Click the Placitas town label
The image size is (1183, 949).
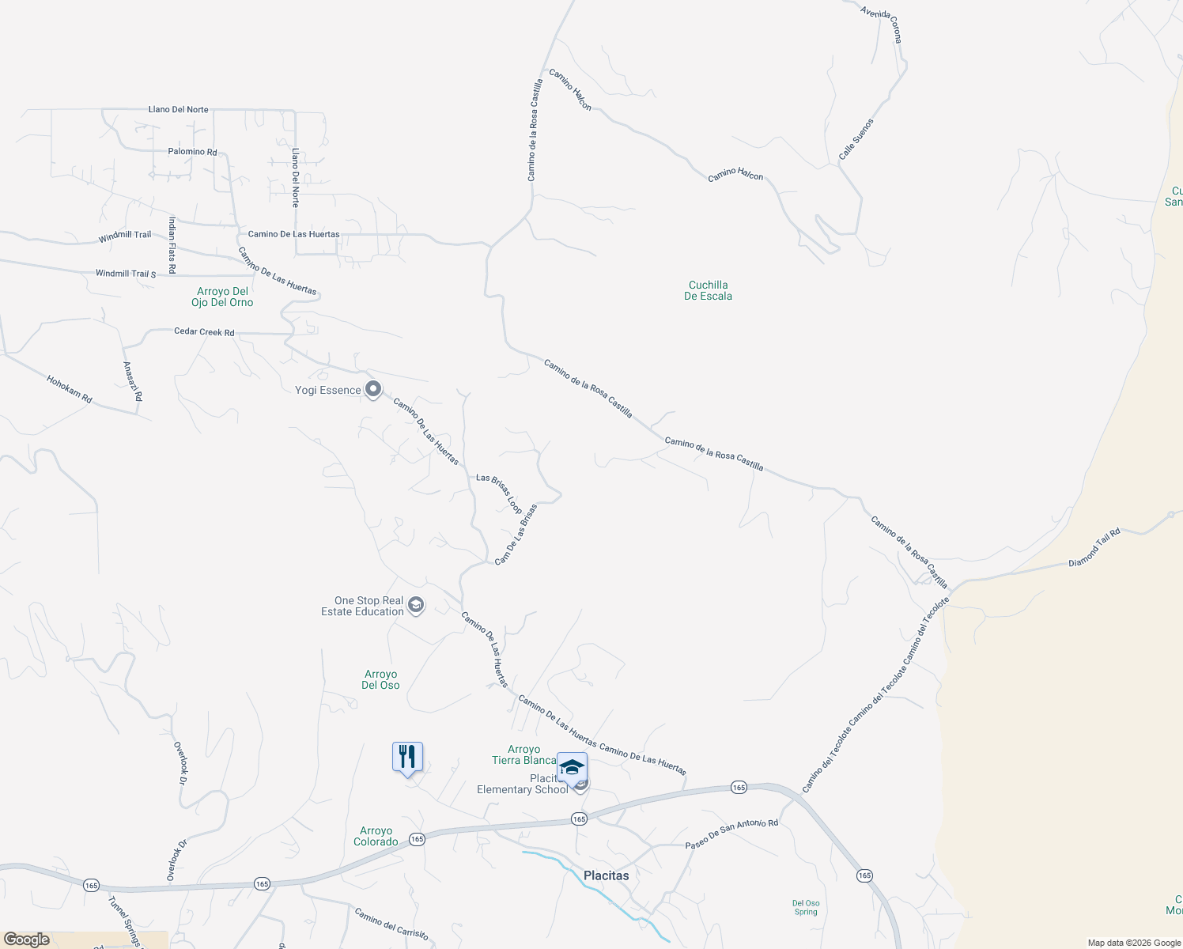(x=606, y=875)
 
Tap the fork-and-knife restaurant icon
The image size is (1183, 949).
(x=407, y=757)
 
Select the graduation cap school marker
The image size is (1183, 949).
(x=572, y=767)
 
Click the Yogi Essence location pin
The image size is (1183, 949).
(x=373, y=389)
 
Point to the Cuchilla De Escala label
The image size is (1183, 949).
(x=708, y=290)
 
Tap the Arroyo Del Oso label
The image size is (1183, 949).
(x=380, y=679)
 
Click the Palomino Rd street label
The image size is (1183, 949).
(x=192, y=151)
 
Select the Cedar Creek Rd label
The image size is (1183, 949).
(x=204, y=332)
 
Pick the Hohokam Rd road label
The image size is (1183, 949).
(x=69, y=389)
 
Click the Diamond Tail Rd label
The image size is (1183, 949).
(x=1094, y=547)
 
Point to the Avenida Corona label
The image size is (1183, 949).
(x=881, y=24)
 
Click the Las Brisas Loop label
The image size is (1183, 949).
(x=499, y=493)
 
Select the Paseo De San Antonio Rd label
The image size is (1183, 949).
(x=731, y=834)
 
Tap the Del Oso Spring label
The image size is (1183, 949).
(x=806, y=907)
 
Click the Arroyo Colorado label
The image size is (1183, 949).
(x=376, y=836)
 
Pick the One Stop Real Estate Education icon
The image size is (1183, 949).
(x=416, y=606)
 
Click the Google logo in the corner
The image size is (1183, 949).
(x=27, y=940)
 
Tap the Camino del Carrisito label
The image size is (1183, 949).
(x=391, y=924)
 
